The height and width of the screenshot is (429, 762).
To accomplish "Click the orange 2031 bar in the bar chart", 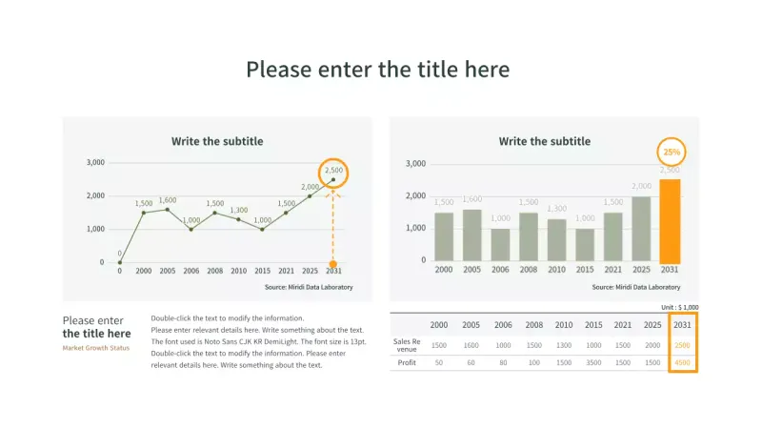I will click(670, 220).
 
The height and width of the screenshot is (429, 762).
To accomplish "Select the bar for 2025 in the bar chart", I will click(641, 229).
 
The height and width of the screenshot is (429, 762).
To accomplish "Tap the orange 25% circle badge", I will click(671, 152).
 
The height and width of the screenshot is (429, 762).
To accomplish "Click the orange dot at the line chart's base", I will click(332, 263).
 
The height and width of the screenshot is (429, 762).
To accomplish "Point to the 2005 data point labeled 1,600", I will click(167, 209).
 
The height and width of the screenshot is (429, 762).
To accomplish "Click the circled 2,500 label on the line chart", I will click(333, 171).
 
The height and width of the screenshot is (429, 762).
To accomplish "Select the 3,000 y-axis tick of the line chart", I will click(95, 162).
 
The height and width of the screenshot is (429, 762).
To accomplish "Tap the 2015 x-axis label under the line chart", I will click(262, 271).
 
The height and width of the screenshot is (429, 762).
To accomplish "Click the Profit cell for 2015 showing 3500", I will click(593, 362).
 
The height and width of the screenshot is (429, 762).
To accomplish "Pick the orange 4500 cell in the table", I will click(682, 362).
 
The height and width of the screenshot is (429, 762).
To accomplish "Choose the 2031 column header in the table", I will click(682, 325).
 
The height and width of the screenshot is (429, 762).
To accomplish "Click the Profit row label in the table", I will click(407, 362).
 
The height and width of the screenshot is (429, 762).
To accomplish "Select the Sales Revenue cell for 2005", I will click(471, 345).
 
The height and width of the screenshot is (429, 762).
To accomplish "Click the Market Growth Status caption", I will click(95, 347).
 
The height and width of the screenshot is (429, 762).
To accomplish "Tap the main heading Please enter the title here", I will click(377, 70).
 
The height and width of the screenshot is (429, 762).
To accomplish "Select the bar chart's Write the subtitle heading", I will click(544, 141).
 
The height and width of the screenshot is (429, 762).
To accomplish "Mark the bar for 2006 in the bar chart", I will click(500, 244).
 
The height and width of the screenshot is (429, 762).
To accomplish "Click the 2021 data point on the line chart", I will click(286, 213).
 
